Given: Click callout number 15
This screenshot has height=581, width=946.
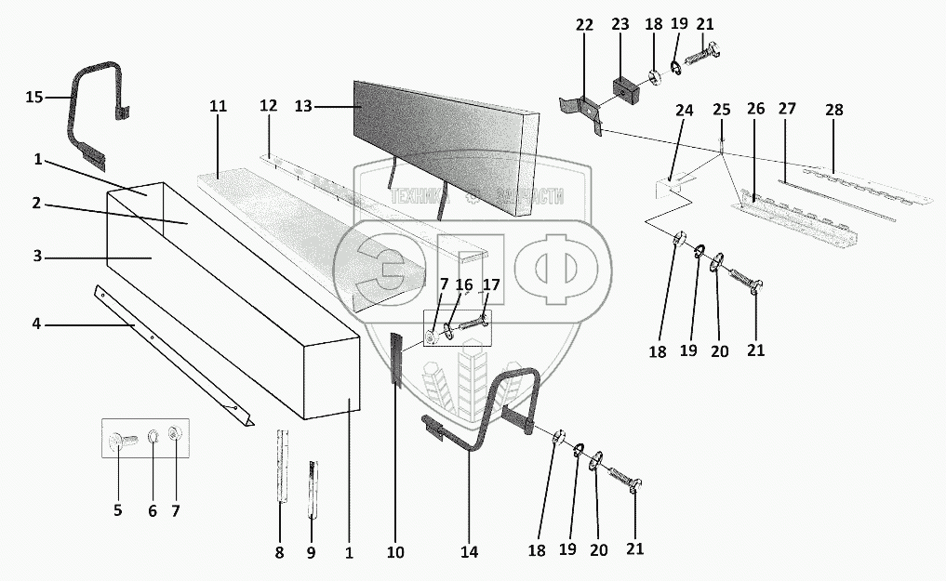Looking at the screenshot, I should (33, 97).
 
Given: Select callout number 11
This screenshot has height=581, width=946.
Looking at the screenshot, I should (218, 107).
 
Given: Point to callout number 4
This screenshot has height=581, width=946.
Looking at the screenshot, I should (35, 324).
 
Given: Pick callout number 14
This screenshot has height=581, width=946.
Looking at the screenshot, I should (469, 551).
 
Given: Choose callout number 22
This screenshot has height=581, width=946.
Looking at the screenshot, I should (583, 25).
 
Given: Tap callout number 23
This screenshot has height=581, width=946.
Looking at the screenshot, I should (620, 25).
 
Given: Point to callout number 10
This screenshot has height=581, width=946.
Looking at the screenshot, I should (395, 552).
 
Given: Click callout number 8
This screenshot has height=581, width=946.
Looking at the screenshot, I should (279, 552).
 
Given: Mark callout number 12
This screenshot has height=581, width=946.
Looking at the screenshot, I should (268, 107).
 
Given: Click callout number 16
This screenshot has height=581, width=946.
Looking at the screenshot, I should (463, 284).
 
